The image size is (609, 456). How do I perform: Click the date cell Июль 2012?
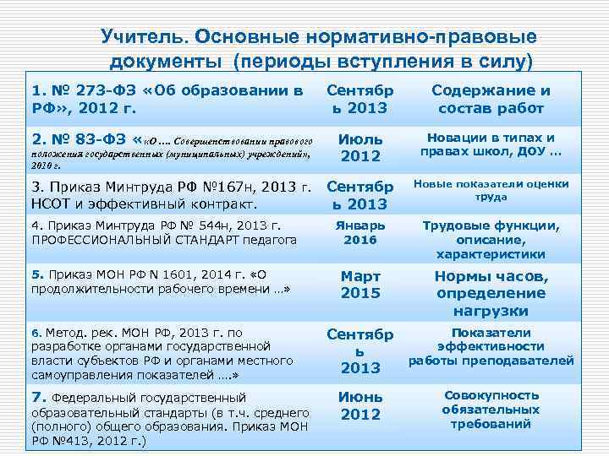[360, 147]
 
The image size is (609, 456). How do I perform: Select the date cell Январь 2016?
[360, 232]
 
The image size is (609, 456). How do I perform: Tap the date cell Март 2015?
[360, 285]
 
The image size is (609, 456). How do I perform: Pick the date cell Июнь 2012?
[360, 405]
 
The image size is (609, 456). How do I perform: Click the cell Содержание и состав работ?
[491, 99]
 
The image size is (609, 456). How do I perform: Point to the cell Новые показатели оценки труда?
[491, 190]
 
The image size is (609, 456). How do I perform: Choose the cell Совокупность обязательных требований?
[491, 410]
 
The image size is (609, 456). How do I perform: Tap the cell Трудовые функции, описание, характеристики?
[491, 240]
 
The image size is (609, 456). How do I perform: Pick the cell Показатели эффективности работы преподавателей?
[491, 346]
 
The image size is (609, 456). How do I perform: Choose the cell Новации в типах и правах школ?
[491, 144]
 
